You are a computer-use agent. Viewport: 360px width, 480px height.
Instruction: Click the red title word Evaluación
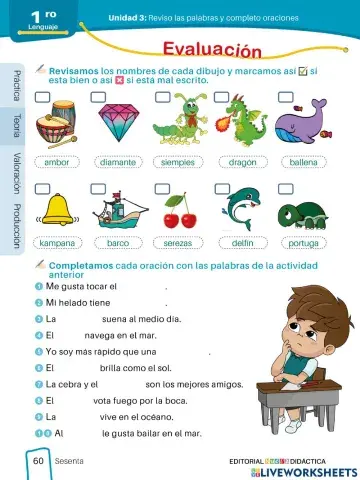212,50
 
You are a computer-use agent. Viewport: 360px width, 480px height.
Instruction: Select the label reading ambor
56,161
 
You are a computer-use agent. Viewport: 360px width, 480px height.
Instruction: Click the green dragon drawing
241,122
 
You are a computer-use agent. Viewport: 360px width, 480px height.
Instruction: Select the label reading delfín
242,242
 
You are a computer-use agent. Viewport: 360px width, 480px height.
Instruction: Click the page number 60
38,461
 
